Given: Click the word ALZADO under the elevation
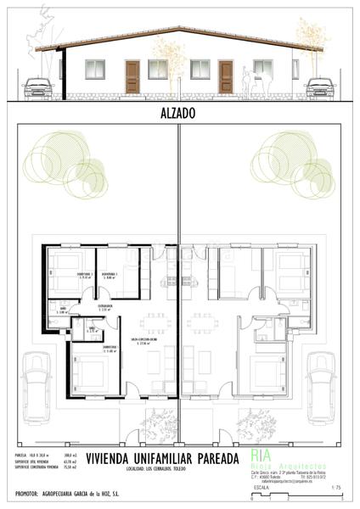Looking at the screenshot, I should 179,111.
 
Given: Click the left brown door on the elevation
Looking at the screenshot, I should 132,76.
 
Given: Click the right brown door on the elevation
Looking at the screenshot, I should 226,76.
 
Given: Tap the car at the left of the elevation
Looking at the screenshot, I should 38,87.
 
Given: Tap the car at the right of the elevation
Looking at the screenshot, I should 320,87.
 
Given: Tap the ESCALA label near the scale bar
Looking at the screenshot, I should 262,489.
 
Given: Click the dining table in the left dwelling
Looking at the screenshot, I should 155,322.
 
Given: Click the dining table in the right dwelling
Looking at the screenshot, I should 203,322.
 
